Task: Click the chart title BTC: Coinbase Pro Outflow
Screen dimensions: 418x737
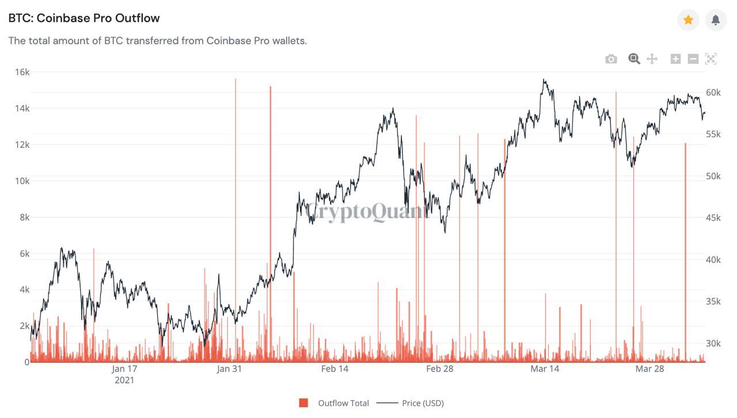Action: (84, 18)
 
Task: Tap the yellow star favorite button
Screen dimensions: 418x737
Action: (688, 20)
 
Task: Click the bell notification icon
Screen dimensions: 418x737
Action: (716, 20)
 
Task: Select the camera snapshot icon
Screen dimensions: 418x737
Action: (611, 59)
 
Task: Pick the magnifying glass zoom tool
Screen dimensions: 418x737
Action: (634, 59)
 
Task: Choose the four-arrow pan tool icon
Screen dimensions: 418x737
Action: (652, 59)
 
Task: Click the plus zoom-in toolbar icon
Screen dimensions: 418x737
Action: (675, 59)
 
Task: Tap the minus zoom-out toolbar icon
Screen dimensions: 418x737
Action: (693, 59)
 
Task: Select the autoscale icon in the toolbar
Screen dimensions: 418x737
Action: (711, 59)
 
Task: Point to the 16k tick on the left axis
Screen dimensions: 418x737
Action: (22, 72)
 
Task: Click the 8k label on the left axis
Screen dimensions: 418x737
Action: (24, 217)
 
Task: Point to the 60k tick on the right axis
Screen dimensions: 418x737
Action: (713, 93)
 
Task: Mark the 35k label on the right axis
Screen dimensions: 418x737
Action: (713, 301)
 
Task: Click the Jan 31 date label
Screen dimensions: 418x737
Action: (229, 369)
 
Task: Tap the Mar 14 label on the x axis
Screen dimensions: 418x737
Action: (544, 369)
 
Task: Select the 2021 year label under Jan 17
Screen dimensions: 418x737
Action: (124, 380)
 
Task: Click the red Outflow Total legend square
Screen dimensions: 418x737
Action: (303, 403)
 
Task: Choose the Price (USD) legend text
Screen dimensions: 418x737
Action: (423, 403)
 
